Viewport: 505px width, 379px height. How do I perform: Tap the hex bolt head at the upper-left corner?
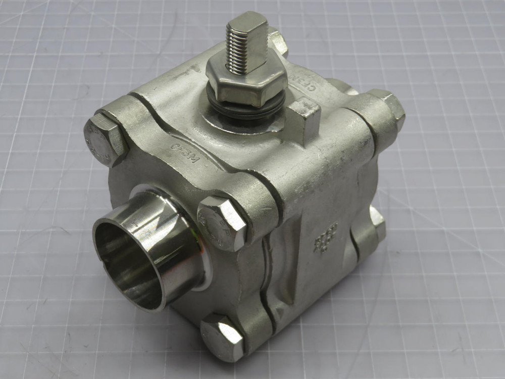(104, 139)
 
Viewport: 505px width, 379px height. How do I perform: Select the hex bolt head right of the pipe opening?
(222, 222)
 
